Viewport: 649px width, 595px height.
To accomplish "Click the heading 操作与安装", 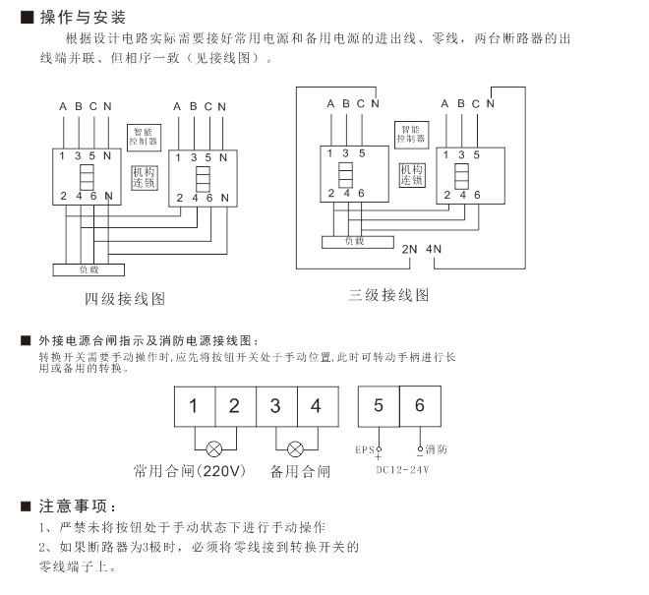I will click(x=83, y=18).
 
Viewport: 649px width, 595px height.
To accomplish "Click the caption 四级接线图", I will click(x=124, y=297).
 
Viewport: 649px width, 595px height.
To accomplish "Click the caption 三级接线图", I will click(x=388, y=295).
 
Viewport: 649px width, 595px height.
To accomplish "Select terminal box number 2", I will click(x=234, y=405).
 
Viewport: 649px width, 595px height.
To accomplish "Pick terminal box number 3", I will click(x=275, y=405).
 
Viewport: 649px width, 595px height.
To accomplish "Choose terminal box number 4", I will click(x=316, y=405).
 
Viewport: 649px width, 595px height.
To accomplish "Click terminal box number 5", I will click(x=379, y=405).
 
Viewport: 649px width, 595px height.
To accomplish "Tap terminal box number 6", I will click(x=420, y=405).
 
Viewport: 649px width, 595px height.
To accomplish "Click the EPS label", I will click(x=364, y=450).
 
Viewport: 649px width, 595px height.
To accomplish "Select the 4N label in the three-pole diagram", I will click(x=437, y=248).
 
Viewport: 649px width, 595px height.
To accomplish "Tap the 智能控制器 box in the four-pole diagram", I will click(x=144, y=135).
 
